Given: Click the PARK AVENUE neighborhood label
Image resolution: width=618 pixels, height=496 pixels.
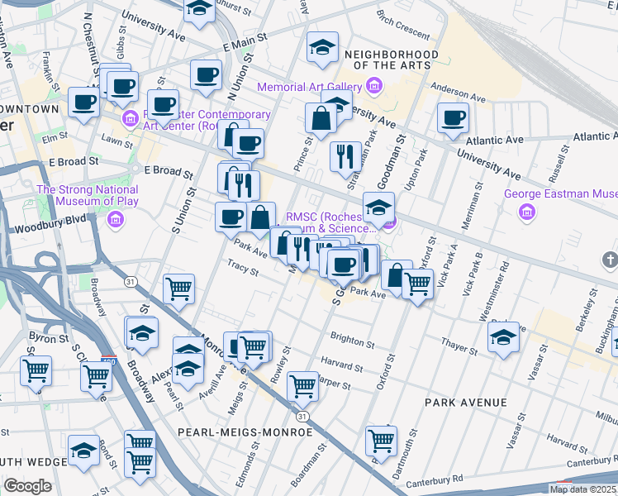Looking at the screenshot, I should (466, 403).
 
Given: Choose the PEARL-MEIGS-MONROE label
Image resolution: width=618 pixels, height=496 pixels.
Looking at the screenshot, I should (246, 432).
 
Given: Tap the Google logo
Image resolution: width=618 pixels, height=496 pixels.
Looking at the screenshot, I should (28, 485).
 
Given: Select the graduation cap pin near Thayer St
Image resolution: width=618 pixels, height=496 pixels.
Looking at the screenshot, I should (503, 337).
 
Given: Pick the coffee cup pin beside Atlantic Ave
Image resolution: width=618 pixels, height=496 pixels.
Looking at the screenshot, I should (453, 118).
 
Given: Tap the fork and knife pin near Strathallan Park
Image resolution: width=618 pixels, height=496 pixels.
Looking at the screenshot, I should (345, 155).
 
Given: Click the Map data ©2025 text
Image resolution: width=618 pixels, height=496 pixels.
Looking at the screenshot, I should (582, 489).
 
